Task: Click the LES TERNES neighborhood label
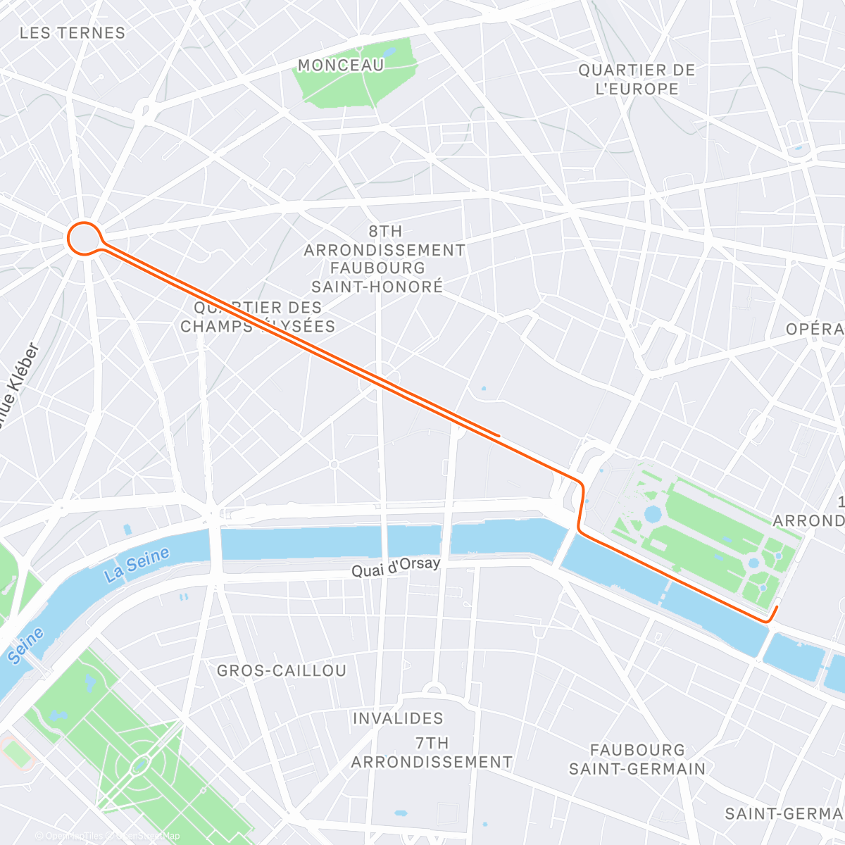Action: pos(73,33)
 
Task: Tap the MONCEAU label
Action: pos(341,65)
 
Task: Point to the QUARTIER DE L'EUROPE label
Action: pos(637,80)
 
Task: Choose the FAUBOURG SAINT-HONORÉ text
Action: pos(378,277)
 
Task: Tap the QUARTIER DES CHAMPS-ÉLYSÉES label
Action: pos(258,317)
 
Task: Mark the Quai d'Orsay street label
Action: pos(396,567)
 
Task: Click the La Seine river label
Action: pos(137,565)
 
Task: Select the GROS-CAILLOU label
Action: pos(282,670)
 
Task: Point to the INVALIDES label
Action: pos(398,718)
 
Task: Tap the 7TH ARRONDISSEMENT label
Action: pos(432,753)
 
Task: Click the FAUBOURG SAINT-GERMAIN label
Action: pos(637,759)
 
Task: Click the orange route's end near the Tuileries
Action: pos(777,606)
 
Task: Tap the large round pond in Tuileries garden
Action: pos(653,513)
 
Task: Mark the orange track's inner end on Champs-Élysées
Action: pos(499,436)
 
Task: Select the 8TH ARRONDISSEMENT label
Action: pos(384,241)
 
